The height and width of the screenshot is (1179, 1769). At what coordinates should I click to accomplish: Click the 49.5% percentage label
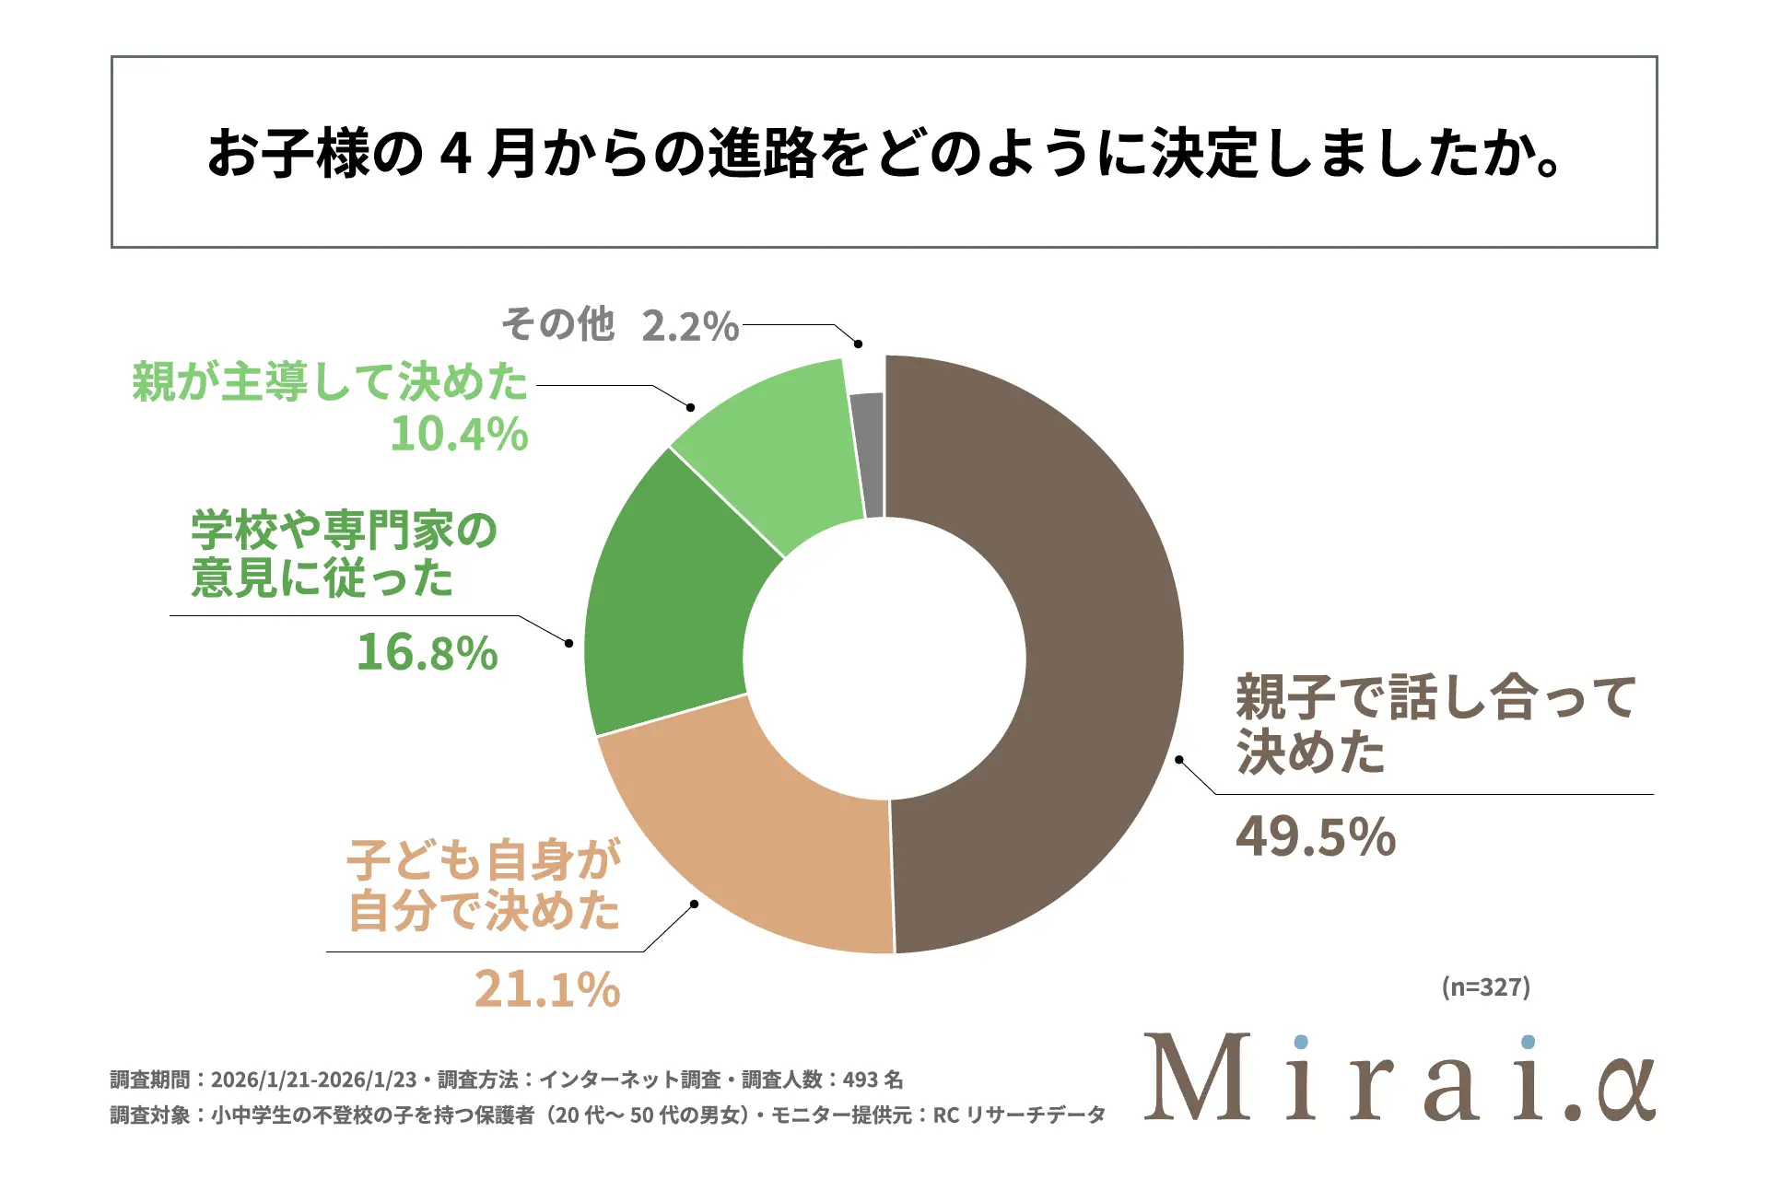(1316, 836)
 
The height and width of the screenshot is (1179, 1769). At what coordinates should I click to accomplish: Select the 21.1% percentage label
(547, 989)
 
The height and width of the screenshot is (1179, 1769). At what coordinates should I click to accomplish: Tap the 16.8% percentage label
(427, 652)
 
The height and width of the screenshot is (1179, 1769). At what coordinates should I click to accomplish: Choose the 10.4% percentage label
(459, 434)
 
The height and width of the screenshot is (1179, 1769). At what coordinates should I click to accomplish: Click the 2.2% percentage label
(690, 326)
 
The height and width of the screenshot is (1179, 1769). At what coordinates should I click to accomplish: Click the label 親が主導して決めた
(330, 381)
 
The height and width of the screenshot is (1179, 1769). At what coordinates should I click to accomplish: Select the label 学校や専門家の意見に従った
(343, 554)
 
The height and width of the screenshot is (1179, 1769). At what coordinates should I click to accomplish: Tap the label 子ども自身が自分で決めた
(484, 885)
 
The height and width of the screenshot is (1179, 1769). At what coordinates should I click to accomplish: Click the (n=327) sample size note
(1485, 986)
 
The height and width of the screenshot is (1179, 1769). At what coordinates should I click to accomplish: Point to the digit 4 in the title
(456, 153)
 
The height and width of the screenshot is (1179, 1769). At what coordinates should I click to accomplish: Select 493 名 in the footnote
(873, 1080)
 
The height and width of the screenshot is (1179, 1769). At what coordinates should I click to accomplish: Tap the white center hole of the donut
(884, 658)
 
